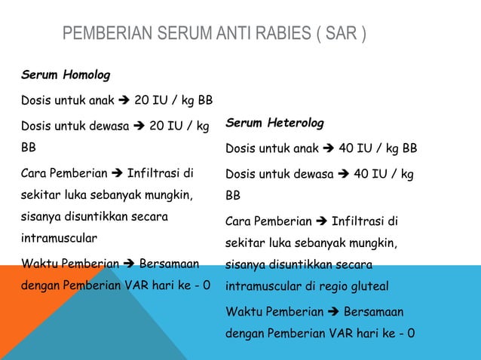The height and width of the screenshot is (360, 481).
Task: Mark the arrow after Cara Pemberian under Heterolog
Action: (320, 221)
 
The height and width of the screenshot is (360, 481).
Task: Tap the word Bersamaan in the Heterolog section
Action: (373, 311)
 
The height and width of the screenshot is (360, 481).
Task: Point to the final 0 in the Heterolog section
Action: (411, 334)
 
